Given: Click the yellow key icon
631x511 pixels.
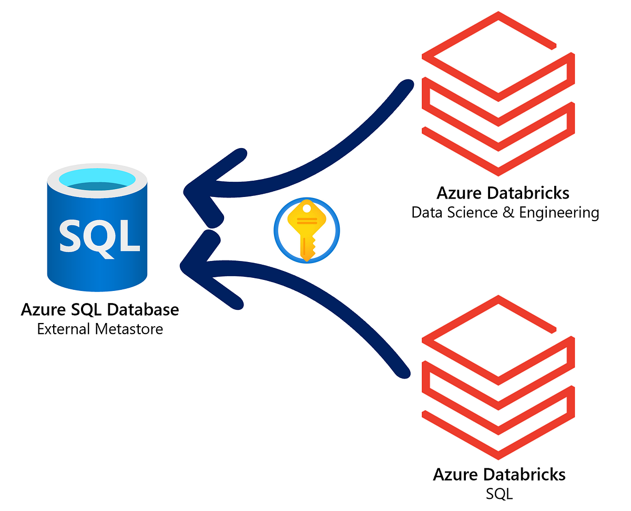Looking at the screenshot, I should coord(307,230).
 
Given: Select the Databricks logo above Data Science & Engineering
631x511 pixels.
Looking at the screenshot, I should coord(497,94).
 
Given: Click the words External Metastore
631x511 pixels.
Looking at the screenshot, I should coord(100,329).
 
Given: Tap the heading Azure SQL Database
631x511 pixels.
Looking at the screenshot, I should coord(100,309).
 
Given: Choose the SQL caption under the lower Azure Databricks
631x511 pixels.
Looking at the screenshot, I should coord(499,494).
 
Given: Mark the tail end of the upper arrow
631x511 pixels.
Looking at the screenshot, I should coord(405,86).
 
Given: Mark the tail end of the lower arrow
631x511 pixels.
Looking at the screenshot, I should coord(402,371).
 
